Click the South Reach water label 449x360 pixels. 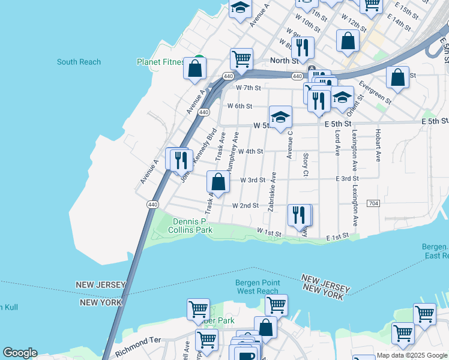coord(79,62)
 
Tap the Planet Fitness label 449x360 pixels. coord(160,62)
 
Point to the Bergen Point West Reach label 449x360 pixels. coord(258,287)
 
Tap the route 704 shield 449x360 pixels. coord(373,203)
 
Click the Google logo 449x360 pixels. coord(20,353)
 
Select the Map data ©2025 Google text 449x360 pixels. coord(412,355)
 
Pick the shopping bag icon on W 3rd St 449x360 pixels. coord(218,182)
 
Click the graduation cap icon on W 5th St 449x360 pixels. coord(280,117)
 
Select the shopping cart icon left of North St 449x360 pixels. coord(241,59)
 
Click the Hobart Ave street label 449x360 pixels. coord(378,148)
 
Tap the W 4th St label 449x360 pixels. coord(250,152)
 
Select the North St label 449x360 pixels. coord(284,61)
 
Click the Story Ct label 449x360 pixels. coord(306,164)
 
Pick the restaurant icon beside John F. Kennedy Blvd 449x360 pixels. coord(179,160)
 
